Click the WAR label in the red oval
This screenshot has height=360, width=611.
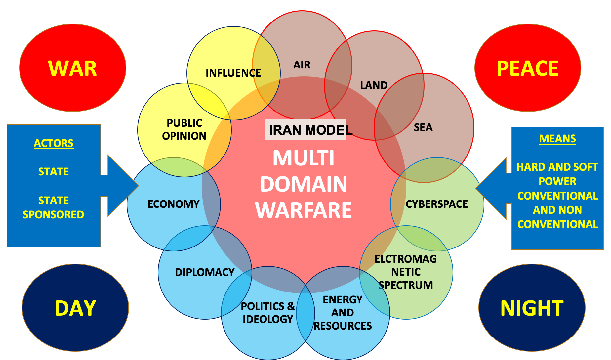tap(72, 68)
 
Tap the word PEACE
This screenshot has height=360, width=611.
tap(528, 68)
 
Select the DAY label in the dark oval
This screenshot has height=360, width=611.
tap(75, 308)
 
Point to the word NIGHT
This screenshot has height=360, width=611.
tap(532, 308)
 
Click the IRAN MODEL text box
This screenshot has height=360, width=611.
tap(306, 130)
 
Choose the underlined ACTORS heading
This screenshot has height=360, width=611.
tap(54, 143)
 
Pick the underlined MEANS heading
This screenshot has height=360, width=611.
tap(557, 139)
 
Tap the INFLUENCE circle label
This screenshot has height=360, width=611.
tap(233, 73)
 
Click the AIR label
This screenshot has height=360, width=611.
tap(302, 65)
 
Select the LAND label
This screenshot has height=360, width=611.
tap(374, 85)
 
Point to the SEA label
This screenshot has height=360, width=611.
tap(423, 127)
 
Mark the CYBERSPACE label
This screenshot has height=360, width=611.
tap(437, 204)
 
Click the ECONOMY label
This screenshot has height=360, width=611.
tap(174, 204)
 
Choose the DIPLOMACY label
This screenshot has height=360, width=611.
tap(205, 272)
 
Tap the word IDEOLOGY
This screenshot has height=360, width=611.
tap(268, 319)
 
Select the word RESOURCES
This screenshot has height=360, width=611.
tap(343, 326)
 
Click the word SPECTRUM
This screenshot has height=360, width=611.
tap(406, 285)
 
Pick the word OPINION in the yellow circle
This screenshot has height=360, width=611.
tap(184, 136)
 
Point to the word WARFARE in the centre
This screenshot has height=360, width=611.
tap(304, 210)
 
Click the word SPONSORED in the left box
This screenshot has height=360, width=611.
tap(54, 215)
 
